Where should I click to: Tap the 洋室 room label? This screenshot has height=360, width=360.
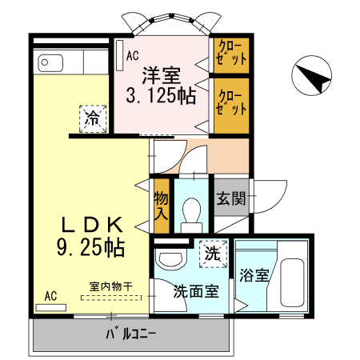(161, 76)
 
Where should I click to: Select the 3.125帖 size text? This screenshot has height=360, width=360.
(161, 97)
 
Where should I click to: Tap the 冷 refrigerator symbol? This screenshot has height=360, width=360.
(93, 119)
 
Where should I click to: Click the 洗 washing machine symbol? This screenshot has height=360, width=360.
(212, 254)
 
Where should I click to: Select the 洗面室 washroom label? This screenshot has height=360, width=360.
(197, 292)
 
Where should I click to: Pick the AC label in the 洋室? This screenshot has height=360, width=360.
(133, 55)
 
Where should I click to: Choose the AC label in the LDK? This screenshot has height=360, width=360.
(50, 296)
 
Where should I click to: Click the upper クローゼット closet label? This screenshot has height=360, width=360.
(230, 54)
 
